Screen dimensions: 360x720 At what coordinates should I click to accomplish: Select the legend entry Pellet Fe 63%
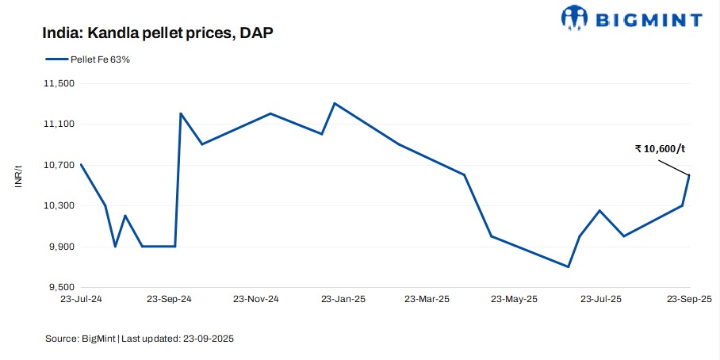87,59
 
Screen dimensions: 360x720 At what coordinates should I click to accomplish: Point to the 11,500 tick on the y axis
57,83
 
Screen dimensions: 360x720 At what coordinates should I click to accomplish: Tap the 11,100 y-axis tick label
57,124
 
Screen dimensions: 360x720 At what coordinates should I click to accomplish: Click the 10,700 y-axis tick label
57,165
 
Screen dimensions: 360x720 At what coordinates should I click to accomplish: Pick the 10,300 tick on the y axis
57,206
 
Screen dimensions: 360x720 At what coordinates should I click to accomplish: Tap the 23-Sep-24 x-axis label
170,300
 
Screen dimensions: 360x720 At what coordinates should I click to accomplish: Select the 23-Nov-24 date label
256,300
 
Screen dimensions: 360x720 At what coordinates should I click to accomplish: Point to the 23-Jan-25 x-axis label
343,300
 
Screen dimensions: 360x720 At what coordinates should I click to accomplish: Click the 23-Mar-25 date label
428,300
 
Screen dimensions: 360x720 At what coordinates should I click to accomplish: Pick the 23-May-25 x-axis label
515,300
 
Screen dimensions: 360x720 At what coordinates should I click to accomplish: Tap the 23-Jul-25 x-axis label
601,300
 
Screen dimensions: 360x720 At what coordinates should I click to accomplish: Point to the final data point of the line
689,175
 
